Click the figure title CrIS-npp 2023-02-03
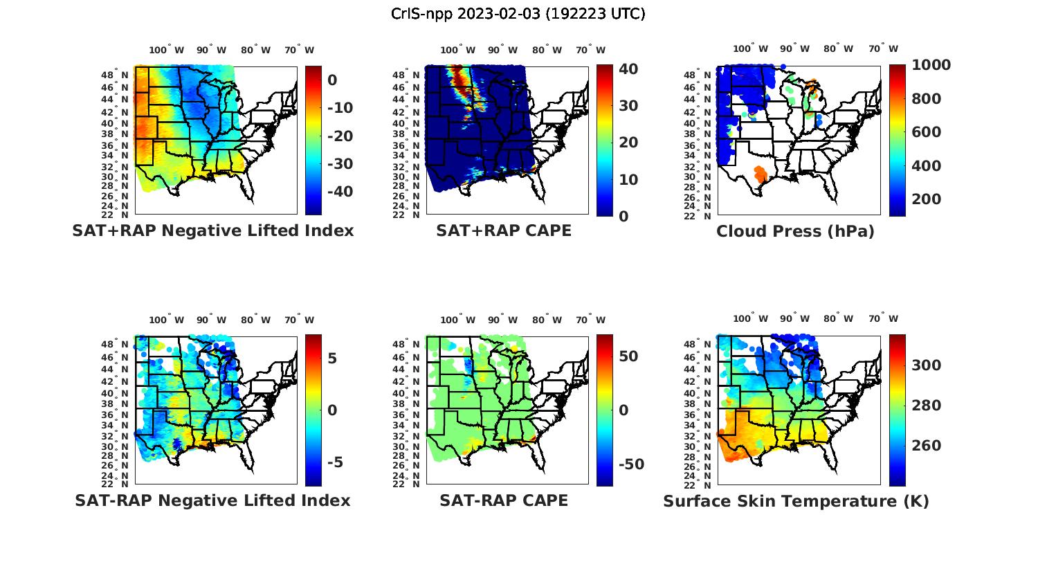click(518, 14)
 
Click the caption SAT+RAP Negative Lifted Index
click(213, 230)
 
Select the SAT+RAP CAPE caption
click(504, 230)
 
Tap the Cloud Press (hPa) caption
click(795, 231)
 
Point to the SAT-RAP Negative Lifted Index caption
click(213, 500)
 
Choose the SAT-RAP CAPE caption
click(504, 500)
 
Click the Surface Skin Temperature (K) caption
click(796, 501)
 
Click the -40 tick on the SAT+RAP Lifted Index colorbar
click(340, 192)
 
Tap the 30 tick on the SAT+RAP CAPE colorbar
click(628, 106)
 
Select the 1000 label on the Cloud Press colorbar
click(931, 65)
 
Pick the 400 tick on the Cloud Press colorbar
click(926, 165)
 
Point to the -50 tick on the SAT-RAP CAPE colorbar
click(631, 464)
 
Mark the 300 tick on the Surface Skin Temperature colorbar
click(926, 365)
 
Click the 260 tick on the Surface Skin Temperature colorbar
click(926, 446)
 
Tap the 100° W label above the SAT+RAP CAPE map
click(457, 50)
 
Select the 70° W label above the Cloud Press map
click(883, 48)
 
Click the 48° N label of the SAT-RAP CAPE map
click(410, 345)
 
